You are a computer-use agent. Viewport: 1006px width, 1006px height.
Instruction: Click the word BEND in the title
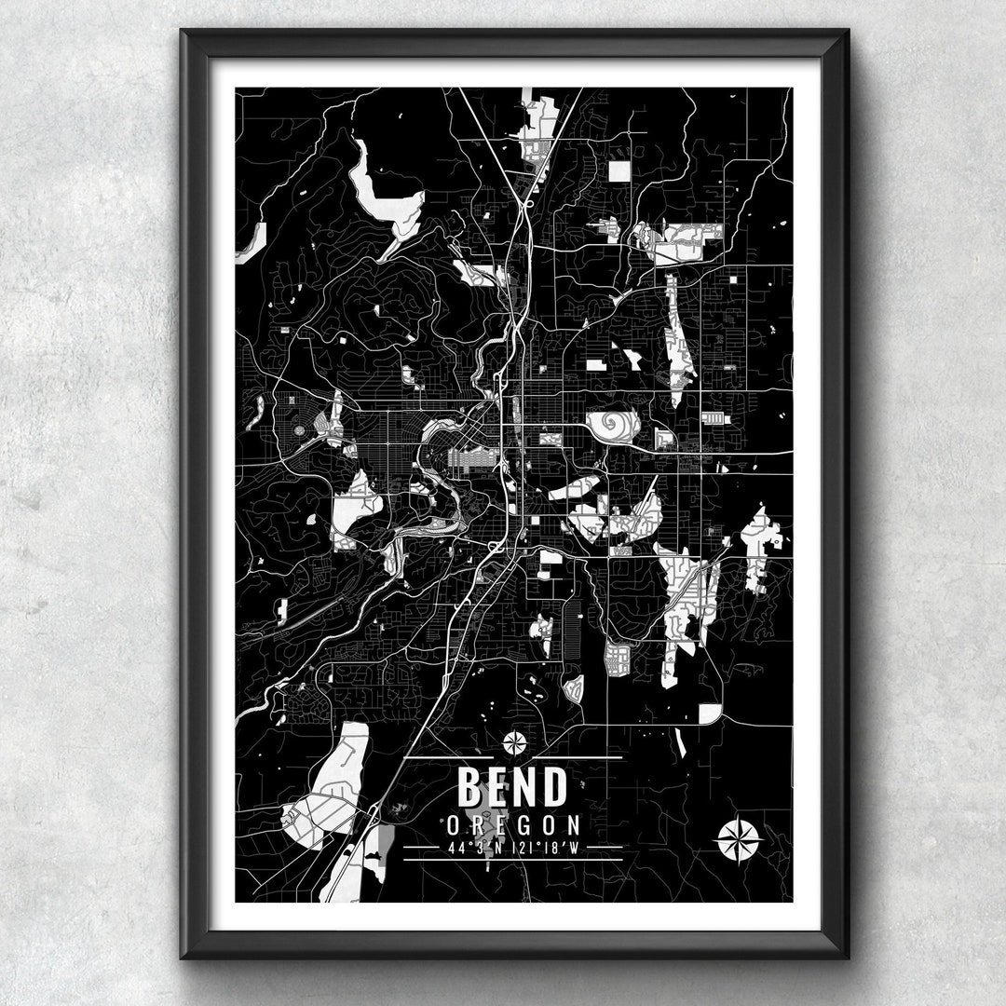click(511, 787)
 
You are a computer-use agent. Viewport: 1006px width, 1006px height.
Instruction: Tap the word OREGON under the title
click(512, 825)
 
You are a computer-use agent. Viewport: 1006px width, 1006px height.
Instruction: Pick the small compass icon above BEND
click(514, 742)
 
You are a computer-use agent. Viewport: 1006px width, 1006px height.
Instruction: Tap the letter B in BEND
click(469, 787)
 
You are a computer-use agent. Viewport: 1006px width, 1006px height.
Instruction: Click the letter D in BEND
click(554, 787)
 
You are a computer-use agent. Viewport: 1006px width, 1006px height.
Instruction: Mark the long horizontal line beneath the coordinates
click(512, 860)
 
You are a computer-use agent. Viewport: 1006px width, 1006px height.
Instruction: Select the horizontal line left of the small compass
click(447, 757)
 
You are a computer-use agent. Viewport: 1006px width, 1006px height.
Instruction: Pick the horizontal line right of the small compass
click(578, 757)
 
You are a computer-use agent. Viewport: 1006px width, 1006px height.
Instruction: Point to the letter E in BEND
click(498, 787)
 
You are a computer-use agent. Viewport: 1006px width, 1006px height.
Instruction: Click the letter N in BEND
click(526, 787)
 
